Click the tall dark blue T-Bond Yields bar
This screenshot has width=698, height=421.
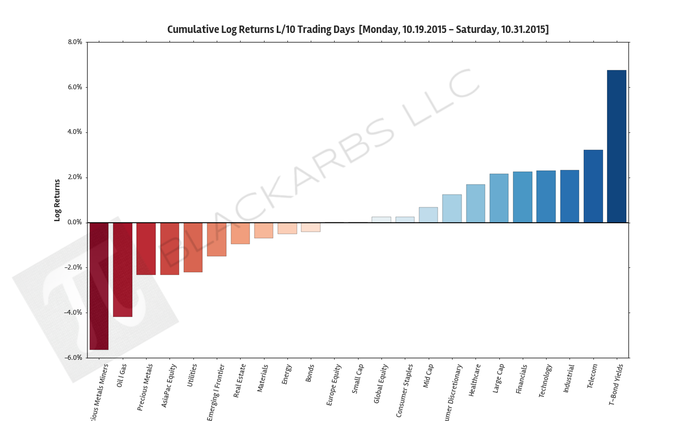tap(616, 146)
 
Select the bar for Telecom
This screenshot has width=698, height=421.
tap(593, 186)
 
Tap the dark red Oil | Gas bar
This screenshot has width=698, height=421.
tap(123, 270)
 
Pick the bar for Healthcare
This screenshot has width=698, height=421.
tap(475, 204)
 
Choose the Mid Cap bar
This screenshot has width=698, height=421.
tap(428, 215)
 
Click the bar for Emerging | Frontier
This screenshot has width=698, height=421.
tap(217, 239)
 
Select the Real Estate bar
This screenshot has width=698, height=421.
tap(240, 233)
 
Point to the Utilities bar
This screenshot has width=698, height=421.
tap(193, 247)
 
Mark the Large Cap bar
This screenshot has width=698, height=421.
tap(499, 198)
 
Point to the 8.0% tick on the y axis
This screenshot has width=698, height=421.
tap(75, 42)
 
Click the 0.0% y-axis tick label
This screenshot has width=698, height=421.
tap(75, 222)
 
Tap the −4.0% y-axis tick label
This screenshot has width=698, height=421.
tap(73, 313)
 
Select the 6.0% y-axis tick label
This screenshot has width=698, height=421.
tap(75, 87)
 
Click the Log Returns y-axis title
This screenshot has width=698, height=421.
tap(57, 200)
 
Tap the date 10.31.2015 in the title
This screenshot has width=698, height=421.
tap(523, 30)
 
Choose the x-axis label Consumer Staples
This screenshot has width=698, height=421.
tap(405, 390)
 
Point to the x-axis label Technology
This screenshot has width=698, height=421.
tap(546, 381)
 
